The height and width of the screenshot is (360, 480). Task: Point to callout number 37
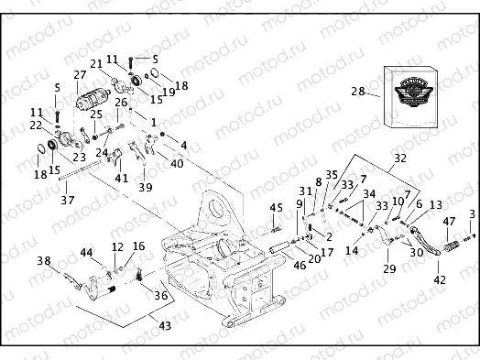click(x=67, y=200)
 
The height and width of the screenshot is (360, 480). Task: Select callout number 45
click(x=275, y=209)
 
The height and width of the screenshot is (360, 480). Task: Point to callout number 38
click(x=43, y=261)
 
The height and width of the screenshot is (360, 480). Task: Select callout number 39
click(x=146, y=187)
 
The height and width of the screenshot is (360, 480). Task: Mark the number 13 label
click(x=435, y=204)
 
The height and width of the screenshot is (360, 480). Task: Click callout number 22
click(x=35, y=125)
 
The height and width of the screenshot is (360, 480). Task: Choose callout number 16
click(x=139, y=245)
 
